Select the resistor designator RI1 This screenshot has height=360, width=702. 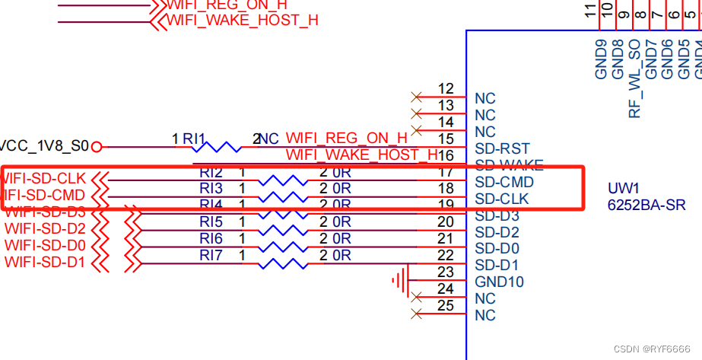coord(194,139)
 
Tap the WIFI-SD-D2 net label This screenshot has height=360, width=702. coord(45,229)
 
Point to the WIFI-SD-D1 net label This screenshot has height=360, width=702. coord(45,263)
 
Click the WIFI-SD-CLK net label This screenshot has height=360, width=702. coord(44,179)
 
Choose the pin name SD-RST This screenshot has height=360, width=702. coord(502,148)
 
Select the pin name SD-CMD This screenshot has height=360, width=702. coord(503,183)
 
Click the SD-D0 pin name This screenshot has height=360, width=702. coord(497,249)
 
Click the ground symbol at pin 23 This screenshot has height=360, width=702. coord(400,282)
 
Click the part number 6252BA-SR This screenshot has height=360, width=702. coord(646,205)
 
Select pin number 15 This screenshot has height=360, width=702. coord(446,139)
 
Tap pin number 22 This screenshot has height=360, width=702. coord(446,256)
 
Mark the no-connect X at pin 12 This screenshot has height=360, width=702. coord(415,97)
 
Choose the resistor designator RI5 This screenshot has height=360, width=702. coord(211,222)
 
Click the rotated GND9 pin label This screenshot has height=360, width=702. coord(601,59)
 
